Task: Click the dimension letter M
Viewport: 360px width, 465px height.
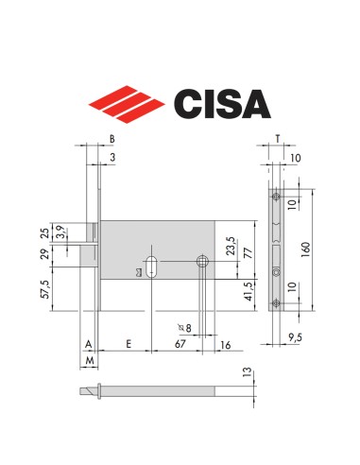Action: pos(88,361)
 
